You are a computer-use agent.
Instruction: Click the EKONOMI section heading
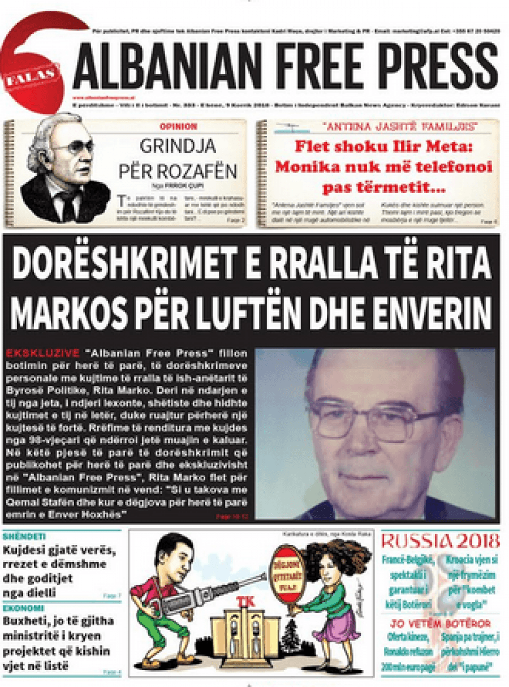pyautogui.click(x=23, y=608)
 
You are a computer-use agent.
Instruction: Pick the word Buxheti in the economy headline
pyautogui.click(x=24, y=621)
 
